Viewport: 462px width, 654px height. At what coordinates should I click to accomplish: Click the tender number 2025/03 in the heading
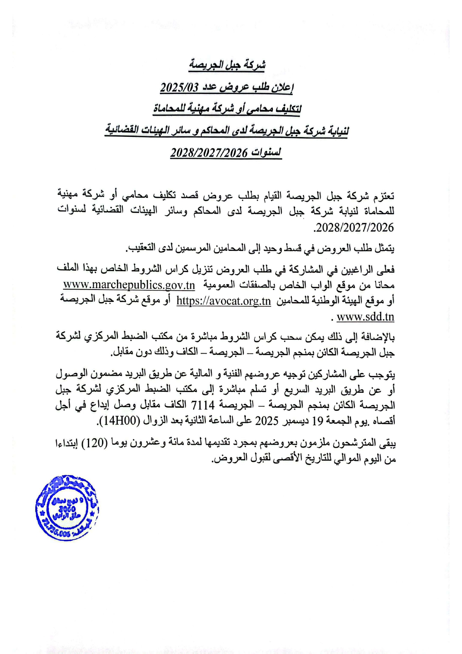pyautogui.click(x=180, y=88)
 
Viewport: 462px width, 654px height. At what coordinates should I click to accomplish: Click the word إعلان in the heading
pyautogui.click(x=282, y=88)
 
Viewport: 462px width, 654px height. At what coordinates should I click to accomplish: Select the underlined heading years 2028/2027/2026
pyautogui.click(x=209, y=153)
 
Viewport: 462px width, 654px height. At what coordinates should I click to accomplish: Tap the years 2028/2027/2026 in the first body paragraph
pyautogui.click(x=354, y=227)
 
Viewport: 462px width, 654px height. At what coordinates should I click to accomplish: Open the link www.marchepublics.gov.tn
pyautogui.click(x=129, y=285)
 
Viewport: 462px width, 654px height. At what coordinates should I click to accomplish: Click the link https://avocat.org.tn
pyautogui.click(x=224, y=301)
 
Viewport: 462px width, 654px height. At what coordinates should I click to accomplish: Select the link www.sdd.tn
pyautogui.click(x=365, y=317)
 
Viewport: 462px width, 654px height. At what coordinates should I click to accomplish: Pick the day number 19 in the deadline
pyautogui.click(x=317, y=421)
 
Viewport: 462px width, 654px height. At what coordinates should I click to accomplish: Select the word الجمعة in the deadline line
pyautogui.click(x=339, y=421)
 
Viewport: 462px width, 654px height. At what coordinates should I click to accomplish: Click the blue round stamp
pyautogui.click(x=67, y=508)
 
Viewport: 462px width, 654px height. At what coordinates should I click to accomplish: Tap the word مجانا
pyautogui.click(x=382, y=285)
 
